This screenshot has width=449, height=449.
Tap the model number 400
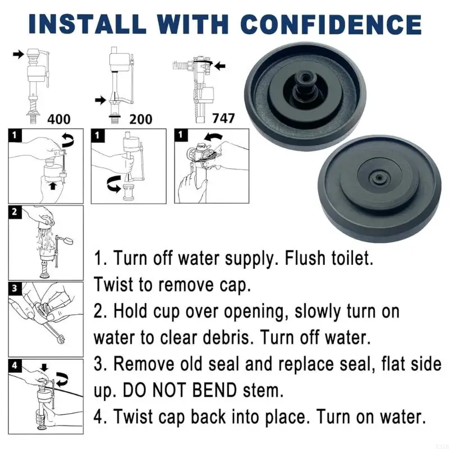point(59,118)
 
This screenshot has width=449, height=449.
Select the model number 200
point(141,119)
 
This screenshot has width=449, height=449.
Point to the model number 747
point(223,118)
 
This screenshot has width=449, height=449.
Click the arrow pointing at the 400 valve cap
point(18,54)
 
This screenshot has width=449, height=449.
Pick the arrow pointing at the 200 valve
point(100,100)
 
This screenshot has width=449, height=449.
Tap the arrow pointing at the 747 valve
point(220,66)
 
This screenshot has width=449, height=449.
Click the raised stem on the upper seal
point(305,83)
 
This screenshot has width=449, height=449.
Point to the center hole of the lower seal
point(379,178)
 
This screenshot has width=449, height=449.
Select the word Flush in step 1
point(305,258)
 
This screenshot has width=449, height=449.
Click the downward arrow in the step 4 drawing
point(44,368)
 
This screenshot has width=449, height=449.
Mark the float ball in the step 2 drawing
point(67,241)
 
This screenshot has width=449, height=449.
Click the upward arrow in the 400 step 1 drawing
point(52,186)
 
